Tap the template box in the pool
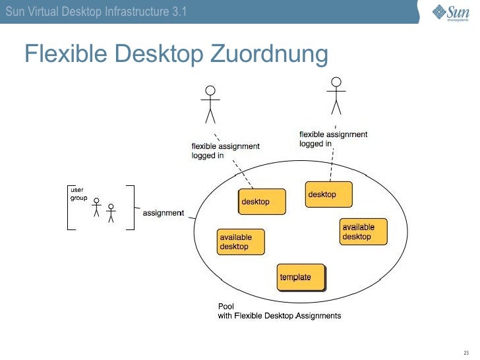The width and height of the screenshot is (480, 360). pos(302,277)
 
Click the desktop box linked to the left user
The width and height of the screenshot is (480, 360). pos(262,201)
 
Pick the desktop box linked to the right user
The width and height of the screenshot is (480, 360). pos(328,195)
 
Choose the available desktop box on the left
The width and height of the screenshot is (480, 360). pos(241,242)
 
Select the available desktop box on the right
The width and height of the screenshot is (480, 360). pos(363,232)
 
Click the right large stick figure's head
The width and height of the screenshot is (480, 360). pos(337,82)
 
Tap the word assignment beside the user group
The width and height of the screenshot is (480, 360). pos(163,213)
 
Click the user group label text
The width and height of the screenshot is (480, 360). pos(78,194)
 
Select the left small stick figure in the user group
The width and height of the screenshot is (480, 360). pos(96,208)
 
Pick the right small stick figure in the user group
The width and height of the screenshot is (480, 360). pos(111,212)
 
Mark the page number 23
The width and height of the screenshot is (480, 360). pos(467,351)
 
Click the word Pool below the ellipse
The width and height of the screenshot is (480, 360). pos(225,307)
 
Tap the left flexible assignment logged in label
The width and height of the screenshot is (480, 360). pos(225,151)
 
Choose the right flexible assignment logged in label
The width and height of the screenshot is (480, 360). pos(333,139)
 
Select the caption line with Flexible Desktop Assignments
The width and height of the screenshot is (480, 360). pos(280,316)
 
